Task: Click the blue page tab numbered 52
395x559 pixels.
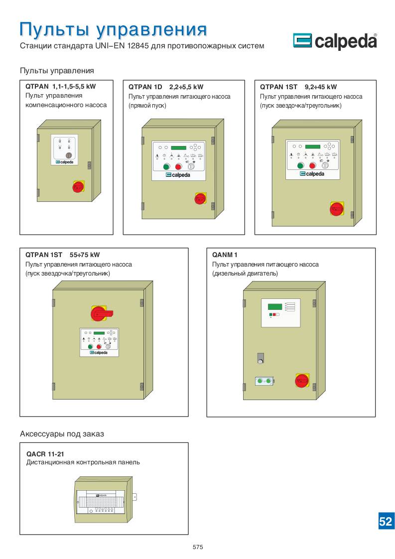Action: (386, 521)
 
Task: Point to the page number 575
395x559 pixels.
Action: (198, 547)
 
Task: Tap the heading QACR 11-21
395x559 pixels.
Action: (45, 454)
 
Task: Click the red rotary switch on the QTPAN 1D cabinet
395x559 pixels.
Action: (200, 199)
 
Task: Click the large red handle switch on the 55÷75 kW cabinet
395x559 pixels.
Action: (100, 313)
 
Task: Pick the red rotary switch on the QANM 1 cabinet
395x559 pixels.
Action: (302, 381)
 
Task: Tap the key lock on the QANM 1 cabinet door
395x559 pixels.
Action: (260, 358)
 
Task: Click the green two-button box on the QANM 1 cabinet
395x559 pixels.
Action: (264, 382)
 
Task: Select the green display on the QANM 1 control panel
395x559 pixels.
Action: (275, 306)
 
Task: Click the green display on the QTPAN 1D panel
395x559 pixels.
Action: (178, 147)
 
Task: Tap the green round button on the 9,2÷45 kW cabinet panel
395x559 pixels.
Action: (300, 166)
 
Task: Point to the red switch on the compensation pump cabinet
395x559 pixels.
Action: (78, 187)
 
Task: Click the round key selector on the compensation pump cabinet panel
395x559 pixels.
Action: (69, 155)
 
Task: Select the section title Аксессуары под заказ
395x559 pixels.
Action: (62, 434)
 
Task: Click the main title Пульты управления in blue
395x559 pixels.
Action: (113, 29)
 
